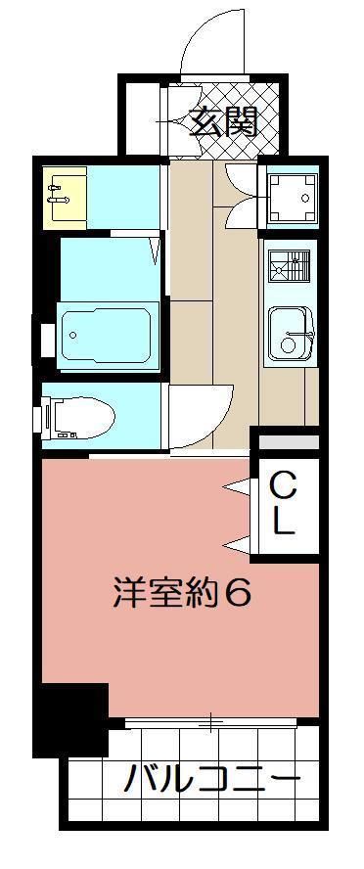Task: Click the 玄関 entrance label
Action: point(223,122)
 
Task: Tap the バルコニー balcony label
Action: point(211,780)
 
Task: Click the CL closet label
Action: point(282,503)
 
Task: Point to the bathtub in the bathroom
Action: point(108,336)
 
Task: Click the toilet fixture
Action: point(78,418)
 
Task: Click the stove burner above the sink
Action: point(290,266)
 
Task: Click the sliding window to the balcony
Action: point(209,723)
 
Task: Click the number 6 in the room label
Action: point(239,594)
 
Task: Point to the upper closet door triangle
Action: point(236,484)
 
